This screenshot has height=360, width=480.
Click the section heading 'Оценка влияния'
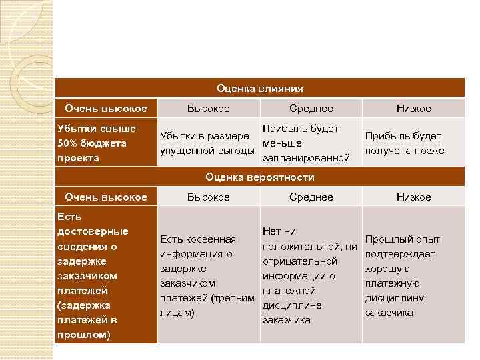(260, 88)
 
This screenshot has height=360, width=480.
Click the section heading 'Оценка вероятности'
(260, 177)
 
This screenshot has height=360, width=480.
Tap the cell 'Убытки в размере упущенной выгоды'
(207, 143)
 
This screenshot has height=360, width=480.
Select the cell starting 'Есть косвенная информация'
(207, 275)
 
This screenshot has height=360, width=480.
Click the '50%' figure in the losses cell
(69, 143)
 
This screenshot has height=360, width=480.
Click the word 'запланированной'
(307, 158)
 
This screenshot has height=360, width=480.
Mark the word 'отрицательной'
(300, 261)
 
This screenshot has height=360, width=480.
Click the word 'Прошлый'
(385, 239)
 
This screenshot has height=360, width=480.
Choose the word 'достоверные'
(93, 231)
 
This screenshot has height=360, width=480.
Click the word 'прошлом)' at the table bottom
(84, 334)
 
